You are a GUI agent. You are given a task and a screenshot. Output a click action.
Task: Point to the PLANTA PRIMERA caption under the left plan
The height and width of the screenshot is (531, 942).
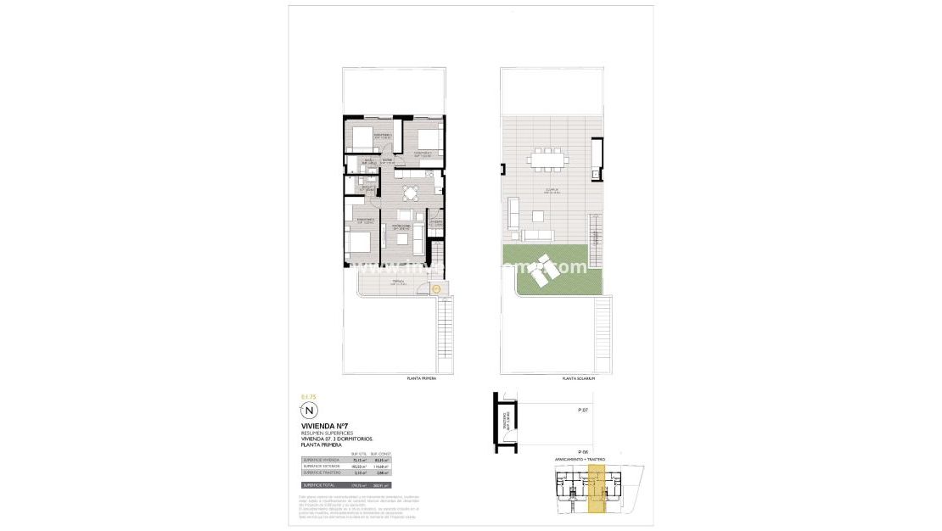coord(422,378)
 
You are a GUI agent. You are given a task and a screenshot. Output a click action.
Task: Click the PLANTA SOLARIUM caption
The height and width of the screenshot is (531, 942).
coord(579,378)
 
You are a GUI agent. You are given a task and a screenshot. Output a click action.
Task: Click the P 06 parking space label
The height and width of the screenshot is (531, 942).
coord(583,451)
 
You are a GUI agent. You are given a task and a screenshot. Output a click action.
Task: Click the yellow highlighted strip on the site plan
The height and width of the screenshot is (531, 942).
coord(597,490)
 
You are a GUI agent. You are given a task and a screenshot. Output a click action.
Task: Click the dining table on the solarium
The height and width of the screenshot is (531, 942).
coord(546,158)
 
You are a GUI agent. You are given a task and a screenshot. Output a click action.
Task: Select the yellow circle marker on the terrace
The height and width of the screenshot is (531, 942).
coord(436,290)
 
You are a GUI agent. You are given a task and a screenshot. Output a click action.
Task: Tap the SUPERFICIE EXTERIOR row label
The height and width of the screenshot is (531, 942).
coord(319,467)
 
